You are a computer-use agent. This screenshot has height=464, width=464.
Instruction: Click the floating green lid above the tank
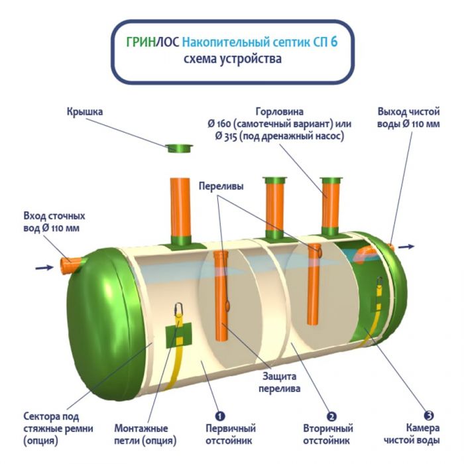pyautogui.click(x=177, y=146)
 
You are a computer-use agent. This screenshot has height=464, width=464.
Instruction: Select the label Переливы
pyautogui.click(x=221, y=187)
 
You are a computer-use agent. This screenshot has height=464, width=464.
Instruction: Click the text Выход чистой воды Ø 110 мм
pyautogui.click(x=408, y=118)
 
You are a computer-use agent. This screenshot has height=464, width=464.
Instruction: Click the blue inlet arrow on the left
pyautogui.click(x=44, y=268)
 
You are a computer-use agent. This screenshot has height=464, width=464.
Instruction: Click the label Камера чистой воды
pyautogui.click(x=424, y=434)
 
